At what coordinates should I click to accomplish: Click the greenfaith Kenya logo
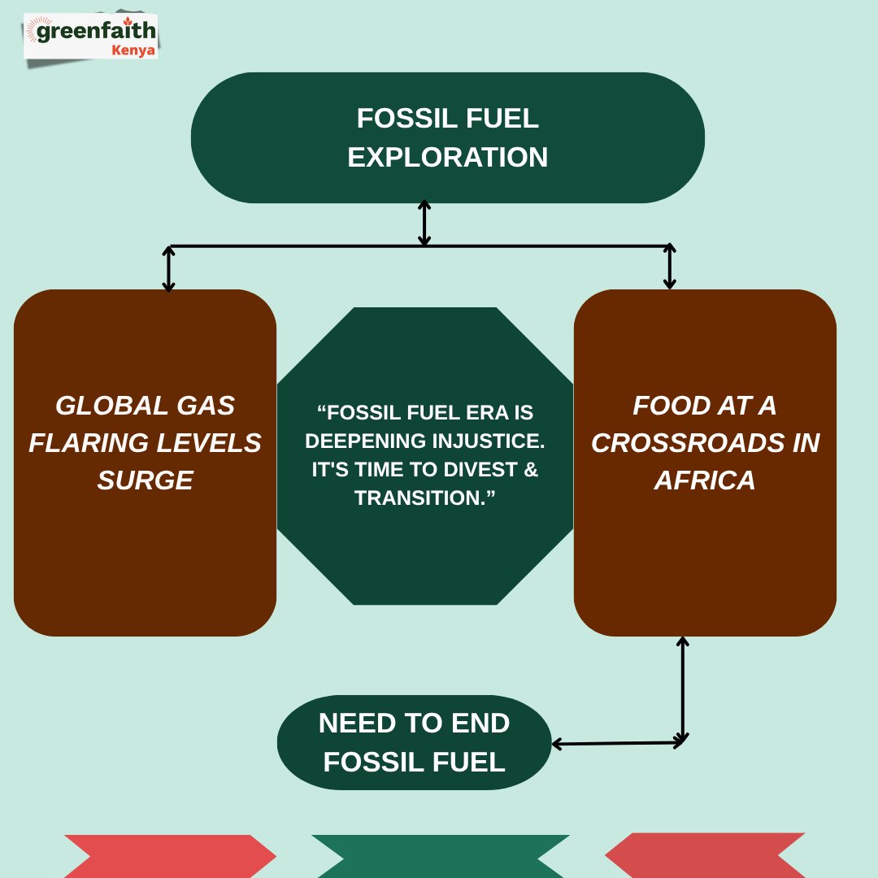click(x=91, y=37)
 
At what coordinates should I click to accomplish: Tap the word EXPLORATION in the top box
click(x=447, y=157)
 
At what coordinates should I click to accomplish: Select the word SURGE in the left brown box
click(x=145, y=480)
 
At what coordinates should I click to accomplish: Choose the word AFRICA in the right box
click(x=705, y=480)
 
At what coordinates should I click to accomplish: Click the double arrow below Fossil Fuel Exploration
click(x=424, y=223)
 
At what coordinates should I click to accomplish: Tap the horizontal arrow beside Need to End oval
click(x=618, y=743)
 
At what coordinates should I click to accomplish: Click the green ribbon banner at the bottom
click(x=440, y=856)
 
